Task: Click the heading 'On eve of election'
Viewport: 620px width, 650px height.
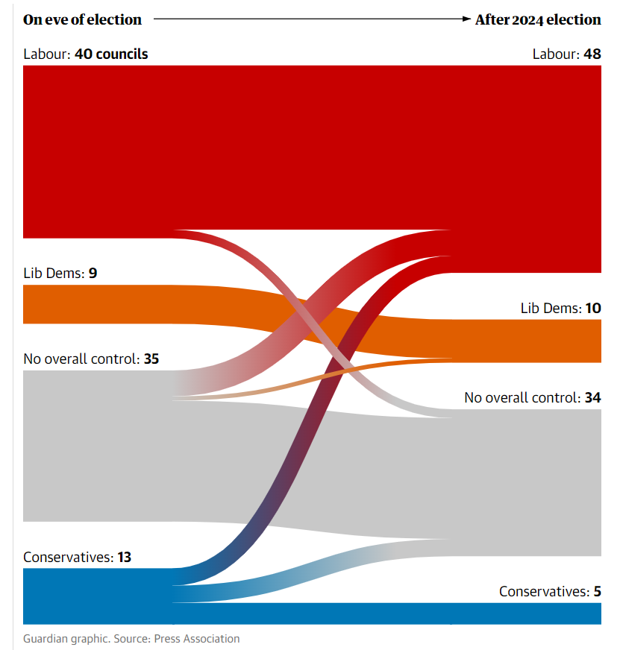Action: coord(82,19)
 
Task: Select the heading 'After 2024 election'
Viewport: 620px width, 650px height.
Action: coord(537,19)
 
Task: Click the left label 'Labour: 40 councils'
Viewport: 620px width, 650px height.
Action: coord(86,54)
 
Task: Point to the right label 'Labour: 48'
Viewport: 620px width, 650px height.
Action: coord(566,54)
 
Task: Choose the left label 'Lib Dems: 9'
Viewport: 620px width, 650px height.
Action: coord(60,273)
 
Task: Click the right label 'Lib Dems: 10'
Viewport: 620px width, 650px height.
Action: coord(560,308)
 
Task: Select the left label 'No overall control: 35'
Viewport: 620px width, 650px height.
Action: coord(91,359)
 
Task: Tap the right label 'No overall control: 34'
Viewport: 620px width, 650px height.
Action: coord(532,397)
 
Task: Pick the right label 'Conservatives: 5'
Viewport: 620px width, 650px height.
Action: coord(550,591)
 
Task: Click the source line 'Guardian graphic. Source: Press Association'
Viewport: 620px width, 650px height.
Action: coord(131,639)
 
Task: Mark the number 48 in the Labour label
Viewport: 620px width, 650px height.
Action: coord(592,54)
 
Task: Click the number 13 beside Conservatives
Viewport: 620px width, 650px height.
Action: coord(125,557)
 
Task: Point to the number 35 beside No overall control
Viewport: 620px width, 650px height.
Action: coord(151,359)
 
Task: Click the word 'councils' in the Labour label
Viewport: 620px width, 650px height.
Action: coord(121,54)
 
